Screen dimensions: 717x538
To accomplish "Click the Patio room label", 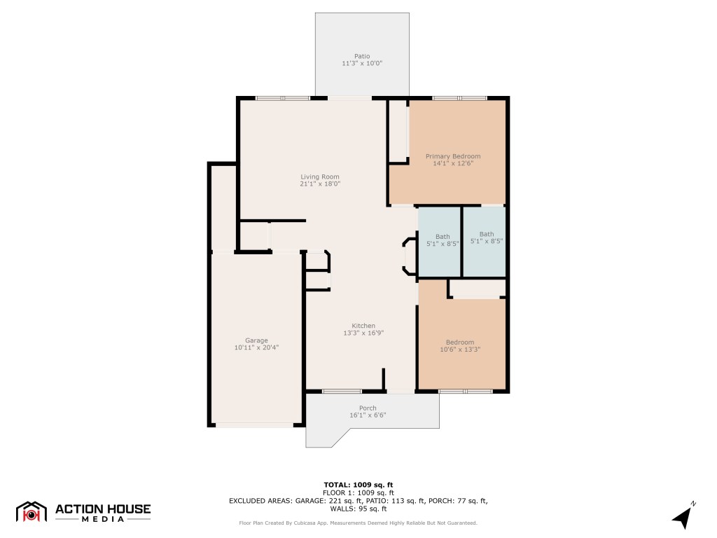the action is tap(362, 56).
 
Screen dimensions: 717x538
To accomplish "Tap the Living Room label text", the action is tap(319, 177).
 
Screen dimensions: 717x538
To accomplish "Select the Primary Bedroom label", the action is tap(453, 156).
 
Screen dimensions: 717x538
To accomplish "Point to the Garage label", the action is tap(256, 340).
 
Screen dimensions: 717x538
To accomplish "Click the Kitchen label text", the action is tap(363, 326).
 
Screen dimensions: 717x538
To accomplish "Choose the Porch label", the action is tap(368, 408).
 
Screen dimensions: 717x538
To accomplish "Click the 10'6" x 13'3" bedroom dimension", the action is tap(460, 350).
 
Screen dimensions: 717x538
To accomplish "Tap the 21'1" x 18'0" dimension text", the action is tap(320, 184).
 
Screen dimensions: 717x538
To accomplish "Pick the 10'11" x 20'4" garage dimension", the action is tap(256, 347).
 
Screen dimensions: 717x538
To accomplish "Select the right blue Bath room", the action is tap(485, 242).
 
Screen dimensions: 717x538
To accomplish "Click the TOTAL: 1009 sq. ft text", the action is tap(358, 485).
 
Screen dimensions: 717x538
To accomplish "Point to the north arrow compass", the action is tap(683, 516).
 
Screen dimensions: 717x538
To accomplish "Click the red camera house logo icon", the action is tap(31, 512).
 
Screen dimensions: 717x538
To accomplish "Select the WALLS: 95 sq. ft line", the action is tap(358, 509).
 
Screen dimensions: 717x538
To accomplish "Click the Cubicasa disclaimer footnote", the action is tap(358, 523).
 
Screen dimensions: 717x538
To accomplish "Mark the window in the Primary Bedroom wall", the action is tap(459, 98).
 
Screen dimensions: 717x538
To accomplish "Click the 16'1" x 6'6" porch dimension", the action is tap(368, 415).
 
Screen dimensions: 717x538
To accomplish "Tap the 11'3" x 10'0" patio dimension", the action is tap(362, 64).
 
